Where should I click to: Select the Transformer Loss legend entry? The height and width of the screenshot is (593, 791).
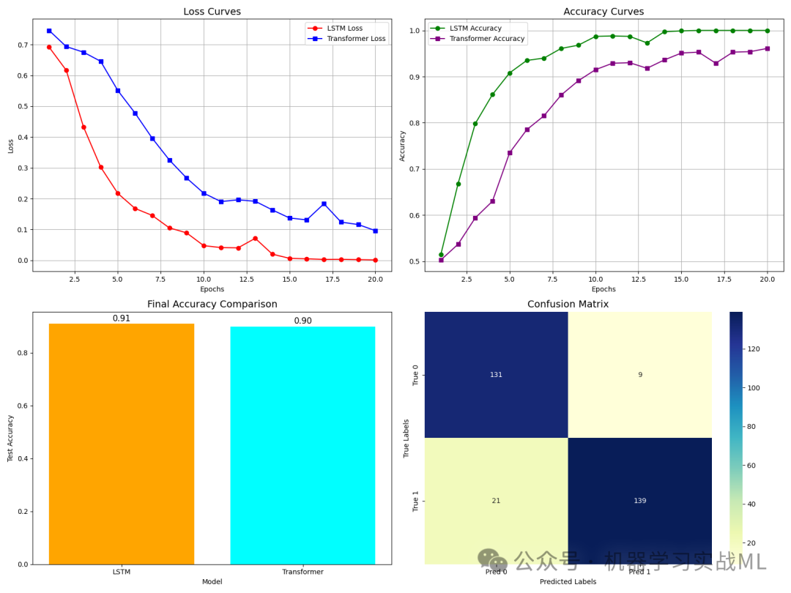pyautogui.click(x=346, y=38)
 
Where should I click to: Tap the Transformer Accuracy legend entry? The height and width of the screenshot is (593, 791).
pyautogui.click(x=478, y=38)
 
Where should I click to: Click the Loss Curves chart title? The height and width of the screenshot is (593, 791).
pyautogui.click(x=212, y=11)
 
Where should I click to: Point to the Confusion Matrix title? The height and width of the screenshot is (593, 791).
pyautogui.click(x=568, y=304)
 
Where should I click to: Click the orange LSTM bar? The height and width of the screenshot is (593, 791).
pyautogui.click(x=122, y=444)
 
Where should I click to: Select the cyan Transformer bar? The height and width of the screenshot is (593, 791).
pyautogui.click(x=302, y=445)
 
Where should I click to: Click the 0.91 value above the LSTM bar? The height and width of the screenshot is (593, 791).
pyautogui.click(x=122, y=318)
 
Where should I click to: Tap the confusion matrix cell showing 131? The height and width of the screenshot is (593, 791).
pyautogui.click(x=497, y=375)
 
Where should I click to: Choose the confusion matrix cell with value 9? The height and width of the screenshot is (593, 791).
pyautogui.click(x=640, y=375)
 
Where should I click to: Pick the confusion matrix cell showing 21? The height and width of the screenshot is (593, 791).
pyautogui.click(x=497, y=501)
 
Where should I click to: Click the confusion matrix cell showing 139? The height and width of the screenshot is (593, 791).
pyautogui.click(x=640, y=501)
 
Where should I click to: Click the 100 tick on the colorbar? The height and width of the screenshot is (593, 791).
pyautogui.click(x=753, y=388)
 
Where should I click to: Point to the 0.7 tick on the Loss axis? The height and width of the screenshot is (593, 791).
pyautogui.click(x=23, y=45)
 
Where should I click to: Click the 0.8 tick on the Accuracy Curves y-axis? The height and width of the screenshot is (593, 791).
pyautogui.click(x=414, y=123)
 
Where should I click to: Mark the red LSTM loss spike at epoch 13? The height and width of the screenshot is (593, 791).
pyautogui.click(x=256, y=238)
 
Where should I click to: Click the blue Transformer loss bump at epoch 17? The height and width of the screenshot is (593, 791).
pyautogui.click(x=324, y=204)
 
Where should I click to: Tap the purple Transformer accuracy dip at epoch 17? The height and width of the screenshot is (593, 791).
pyautogui.click(x=716, y=64)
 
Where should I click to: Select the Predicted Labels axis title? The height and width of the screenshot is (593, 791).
pyautogui.click(x=568, y=581)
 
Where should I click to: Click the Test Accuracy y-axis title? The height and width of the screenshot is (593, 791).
pyautogui.click(x=10, y=439)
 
